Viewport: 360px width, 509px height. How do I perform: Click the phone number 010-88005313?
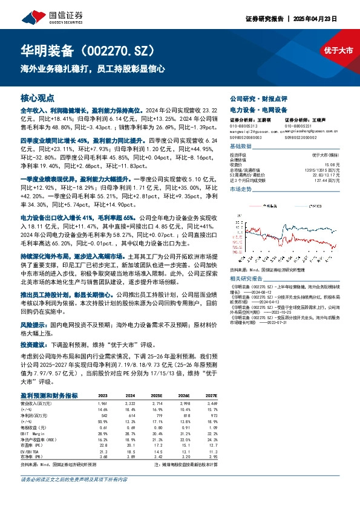(244, 126)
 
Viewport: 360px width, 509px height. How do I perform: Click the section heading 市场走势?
(240, 189)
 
